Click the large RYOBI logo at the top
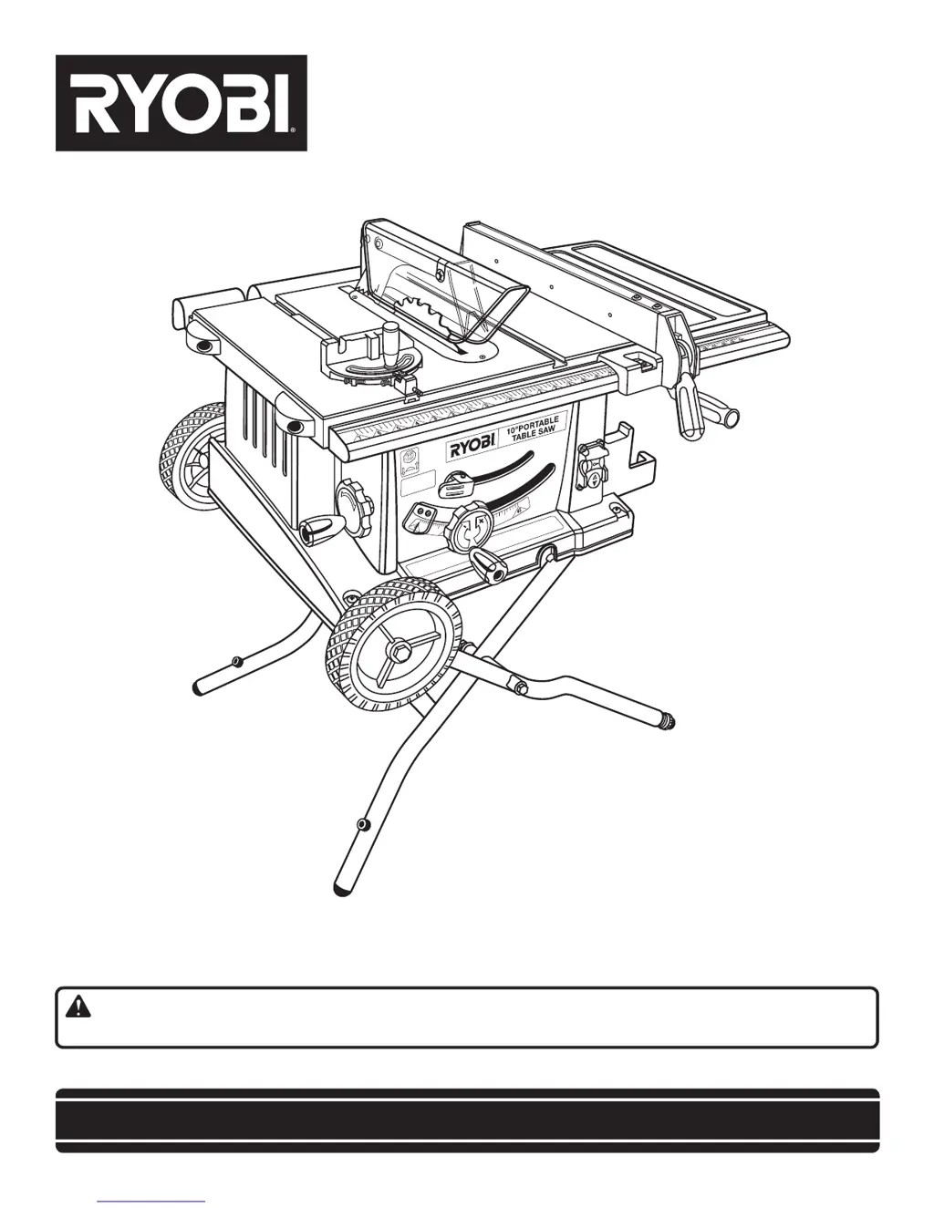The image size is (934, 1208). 182,103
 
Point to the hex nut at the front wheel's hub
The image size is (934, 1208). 398,653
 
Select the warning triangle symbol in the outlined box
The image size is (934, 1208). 78,1007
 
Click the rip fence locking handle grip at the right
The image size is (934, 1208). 721,418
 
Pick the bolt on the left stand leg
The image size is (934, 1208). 237,660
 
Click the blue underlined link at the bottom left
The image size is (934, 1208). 150,1201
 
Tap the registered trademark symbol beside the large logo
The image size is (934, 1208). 294,130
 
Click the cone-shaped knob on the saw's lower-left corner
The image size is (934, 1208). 322,526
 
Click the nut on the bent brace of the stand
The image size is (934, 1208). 521,687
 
